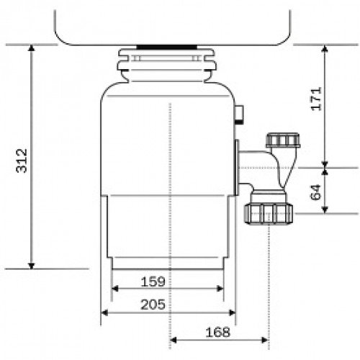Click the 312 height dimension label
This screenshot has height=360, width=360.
(22, 161)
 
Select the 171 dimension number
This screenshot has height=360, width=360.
(316, 99)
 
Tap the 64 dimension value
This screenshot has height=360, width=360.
(315, 192)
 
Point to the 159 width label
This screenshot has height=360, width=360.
(153, 282)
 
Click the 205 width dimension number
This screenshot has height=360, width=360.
(153, 305)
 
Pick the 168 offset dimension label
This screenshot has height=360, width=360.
(217, 332)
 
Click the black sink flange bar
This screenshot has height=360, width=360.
(167, 47)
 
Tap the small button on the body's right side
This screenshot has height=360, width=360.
(239, 114)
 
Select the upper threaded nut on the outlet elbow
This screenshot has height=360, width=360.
(283, 140)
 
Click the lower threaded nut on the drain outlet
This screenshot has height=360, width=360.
(269, 213)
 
